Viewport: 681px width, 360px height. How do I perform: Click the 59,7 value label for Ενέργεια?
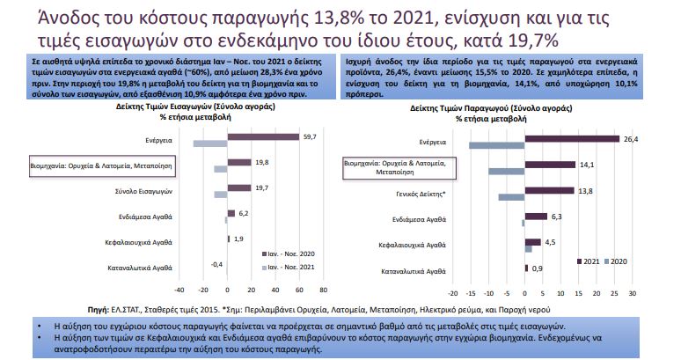tap(310, 136)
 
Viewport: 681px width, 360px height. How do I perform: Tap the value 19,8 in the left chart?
tap(261, 162)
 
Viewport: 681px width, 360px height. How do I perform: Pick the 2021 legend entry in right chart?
tap(588, 261)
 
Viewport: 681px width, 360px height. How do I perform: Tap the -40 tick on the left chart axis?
tap(179, 288)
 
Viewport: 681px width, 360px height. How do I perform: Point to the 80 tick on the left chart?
tap(324, 288)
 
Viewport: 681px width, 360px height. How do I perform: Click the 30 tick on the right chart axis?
tap(632, 292)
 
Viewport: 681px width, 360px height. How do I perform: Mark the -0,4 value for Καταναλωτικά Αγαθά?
tap(216, 263)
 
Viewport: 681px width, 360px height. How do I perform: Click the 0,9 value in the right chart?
tap(538, 268)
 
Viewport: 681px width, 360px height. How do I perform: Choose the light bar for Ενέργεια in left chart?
tap(210, 143)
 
